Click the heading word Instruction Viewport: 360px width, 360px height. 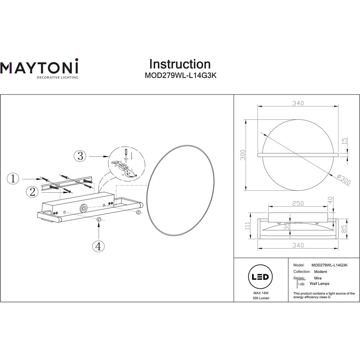pos(180,64)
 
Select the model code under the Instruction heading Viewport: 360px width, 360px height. pos(180,76)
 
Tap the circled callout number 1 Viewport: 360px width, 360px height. pos(13,179)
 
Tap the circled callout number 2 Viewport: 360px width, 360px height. pos(32,192)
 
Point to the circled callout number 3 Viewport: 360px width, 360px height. pos(80,156)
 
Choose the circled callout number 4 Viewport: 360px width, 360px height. pos(98,246)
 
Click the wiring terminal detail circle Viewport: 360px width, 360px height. pos(127,165)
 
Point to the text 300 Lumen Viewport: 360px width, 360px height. pos(261,298)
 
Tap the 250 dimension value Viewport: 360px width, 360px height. pos(297,203)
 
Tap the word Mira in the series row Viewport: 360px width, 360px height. pos(318,278)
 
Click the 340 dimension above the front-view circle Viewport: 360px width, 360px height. pos(298,103)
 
